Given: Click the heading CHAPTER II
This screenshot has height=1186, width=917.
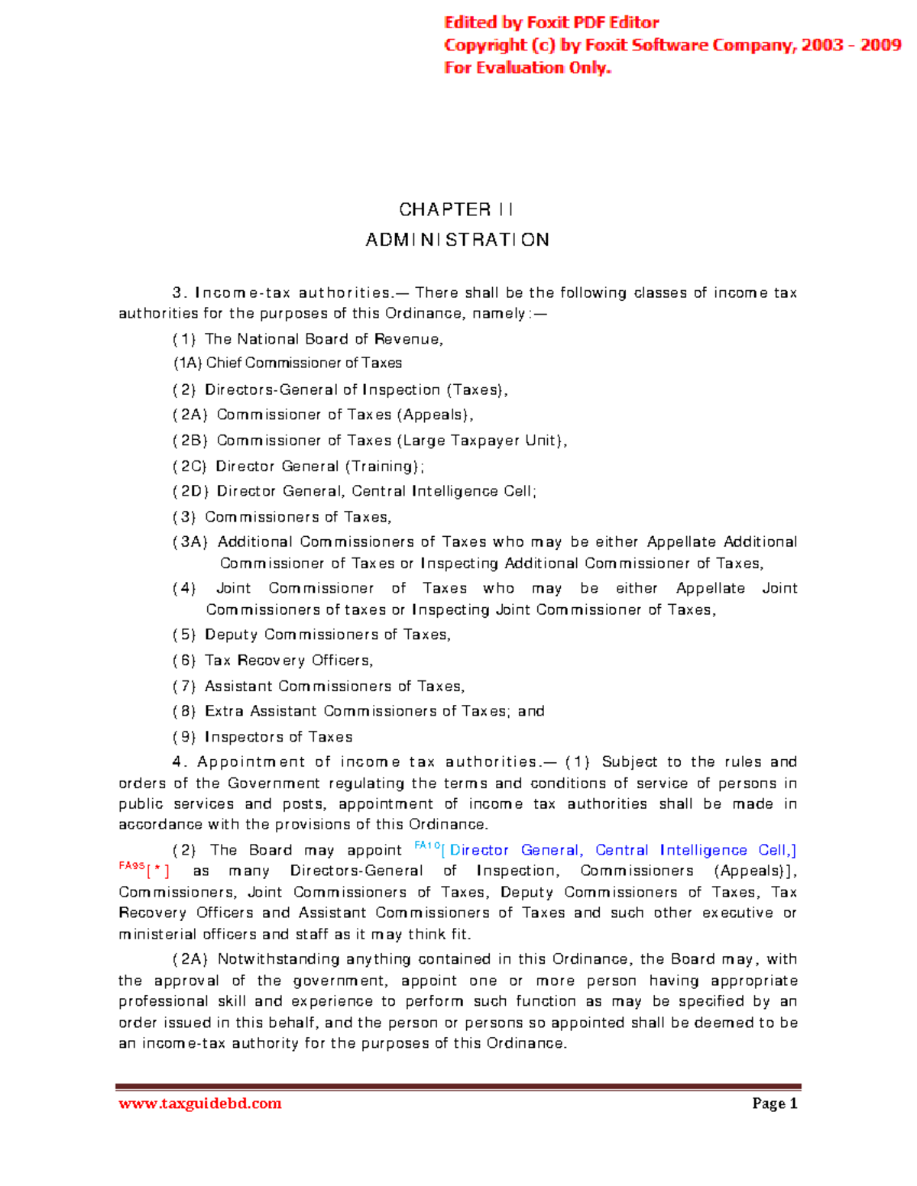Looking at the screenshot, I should click(x=456, y=209).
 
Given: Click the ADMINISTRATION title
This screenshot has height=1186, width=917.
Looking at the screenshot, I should click(x=457, y=240).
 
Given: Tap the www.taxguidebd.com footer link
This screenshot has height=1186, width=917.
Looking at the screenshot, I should click(x=200, y=1103).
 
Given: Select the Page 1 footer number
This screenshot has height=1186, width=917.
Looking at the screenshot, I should click(x=774, y=1103).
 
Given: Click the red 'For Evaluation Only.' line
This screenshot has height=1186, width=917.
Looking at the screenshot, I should click(x=528, y=68).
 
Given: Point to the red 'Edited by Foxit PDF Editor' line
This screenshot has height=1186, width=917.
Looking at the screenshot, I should click(x=552, y=23).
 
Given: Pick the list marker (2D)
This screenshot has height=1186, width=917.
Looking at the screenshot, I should click(x=191, y=491).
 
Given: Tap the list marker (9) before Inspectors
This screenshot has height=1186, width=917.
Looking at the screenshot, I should click(x=184, y=737).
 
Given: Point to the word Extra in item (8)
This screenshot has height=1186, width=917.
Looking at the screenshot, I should click(x=224, y=711).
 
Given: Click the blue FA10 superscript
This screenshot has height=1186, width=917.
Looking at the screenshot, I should click(x=427, y=845).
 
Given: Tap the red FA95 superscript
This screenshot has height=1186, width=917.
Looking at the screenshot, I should click(x=131, y=866).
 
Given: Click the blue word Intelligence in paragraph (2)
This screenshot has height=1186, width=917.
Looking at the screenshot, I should click(x=703, y=850).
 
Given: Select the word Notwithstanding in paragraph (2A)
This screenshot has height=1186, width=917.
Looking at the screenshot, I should click(x=277, y=959).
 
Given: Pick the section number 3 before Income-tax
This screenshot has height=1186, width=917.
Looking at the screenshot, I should click(x=178, y=292).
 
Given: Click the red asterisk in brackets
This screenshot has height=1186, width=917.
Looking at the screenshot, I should click(x=158, y=871).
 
